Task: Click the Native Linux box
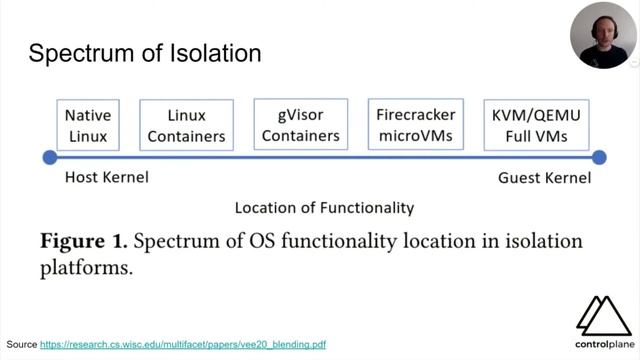[87, 125]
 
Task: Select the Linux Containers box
[187, 125]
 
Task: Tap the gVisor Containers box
[301, 125]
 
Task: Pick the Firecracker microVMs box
[416, 125]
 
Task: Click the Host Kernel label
[107, 178]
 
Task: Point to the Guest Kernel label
[544, 178]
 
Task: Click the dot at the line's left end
[50, 157]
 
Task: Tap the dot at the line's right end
[599, 157]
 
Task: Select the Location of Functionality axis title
[324, 208]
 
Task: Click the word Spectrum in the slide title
[79, 54]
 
